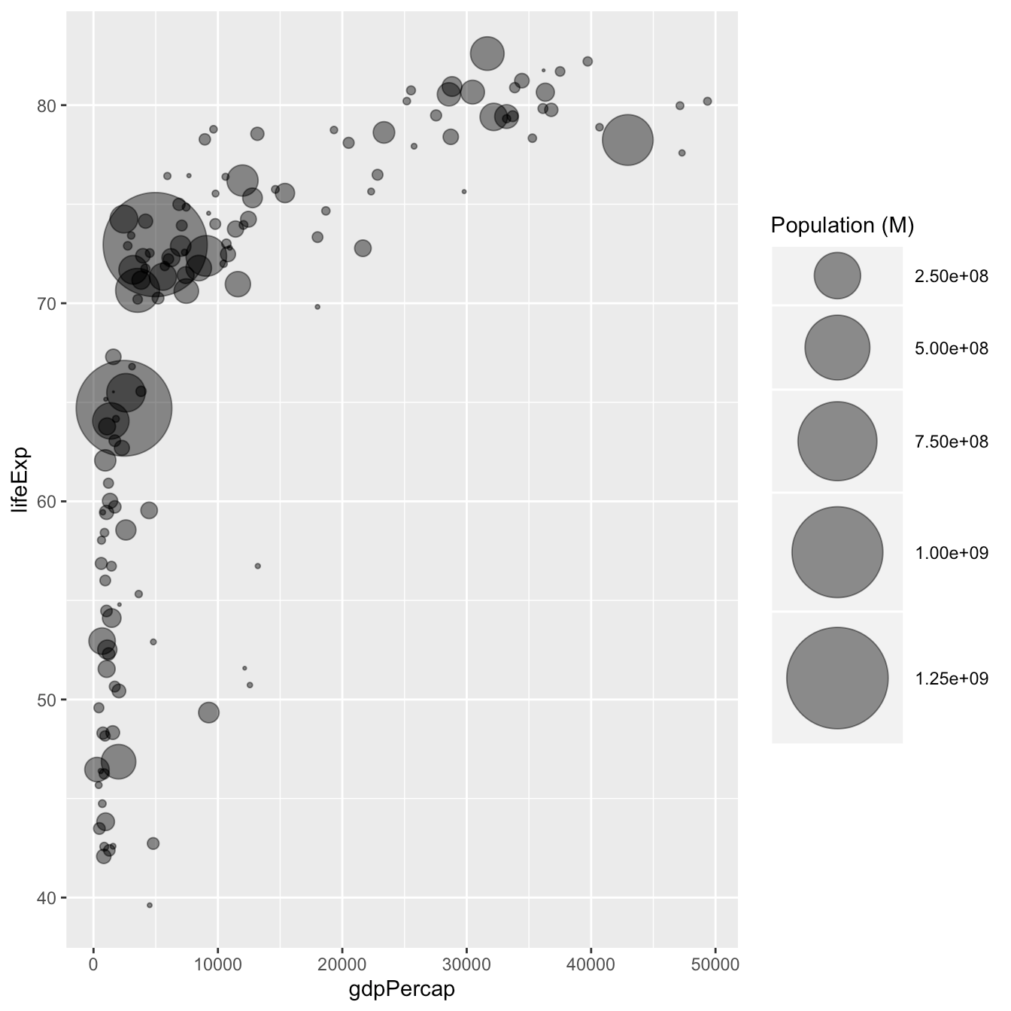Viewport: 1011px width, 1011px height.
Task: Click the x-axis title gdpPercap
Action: pyautogui.click(x=402, y=989)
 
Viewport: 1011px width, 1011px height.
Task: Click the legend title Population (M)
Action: pyautogui.click(x=842, y=225)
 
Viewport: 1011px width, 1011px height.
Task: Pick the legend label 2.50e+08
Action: pyautogui.click(x=951, y=276)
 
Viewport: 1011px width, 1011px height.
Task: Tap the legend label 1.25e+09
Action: pyautogui.click(x=951, y=679)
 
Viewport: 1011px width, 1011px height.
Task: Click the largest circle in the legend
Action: pyautogui.click(x=836, y=678)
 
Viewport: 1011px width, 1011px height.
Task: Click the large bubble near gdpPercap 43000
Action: pyautogui.click(x=627, y=140)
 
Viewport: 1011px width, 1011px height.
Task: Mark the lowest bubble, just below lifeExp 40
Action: pyautogui.click(x=150, y=905)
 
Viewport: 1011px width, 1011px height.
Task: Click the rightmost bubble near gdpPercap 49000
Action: pyautogui.click(x=707, y=102)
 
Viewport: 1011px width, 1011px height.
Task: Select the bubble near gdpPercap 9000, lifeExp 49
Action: pyautogui.click(x=209, y=712)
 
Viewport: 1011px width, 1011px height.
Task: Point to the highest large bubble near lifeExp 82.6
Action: pyautogui.click(x=487, y=54)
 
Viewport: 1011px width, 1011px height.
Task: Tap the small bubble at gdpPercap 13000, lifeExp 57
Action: pyautogui.click(x=257, y=566)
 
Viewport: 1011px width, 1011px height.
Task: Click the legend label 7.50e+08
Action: pyautogui.click(x=951, y=442)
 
